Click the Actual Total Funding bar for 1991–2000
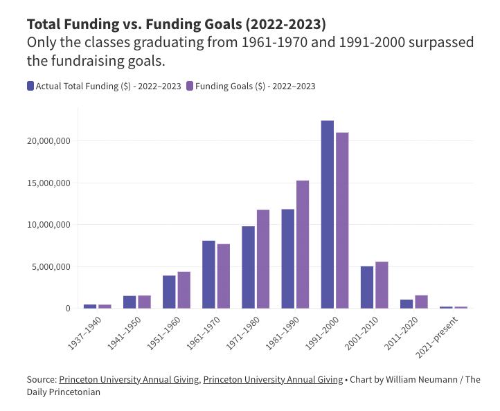coord(327,214)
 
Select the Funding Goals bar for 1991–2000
coord(342,220)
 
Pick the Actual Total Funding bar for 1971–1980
coord(248,267)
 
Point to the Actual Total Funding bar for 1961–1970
coord(208,274)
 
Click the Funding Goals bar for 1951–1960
coord(184,290)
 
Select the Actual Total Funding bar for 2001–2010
coord(366,287)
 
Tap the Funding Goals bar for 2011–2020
coord(421,302)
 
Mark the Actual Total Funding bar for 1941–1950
coord(130,302)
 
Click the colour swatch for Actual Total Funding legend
coord(30,86)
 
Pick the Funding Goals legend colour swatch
coord(190,86)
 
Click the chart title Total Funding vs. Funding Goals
coord(176,24)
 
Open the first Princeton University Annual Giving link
coord(130,379)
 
